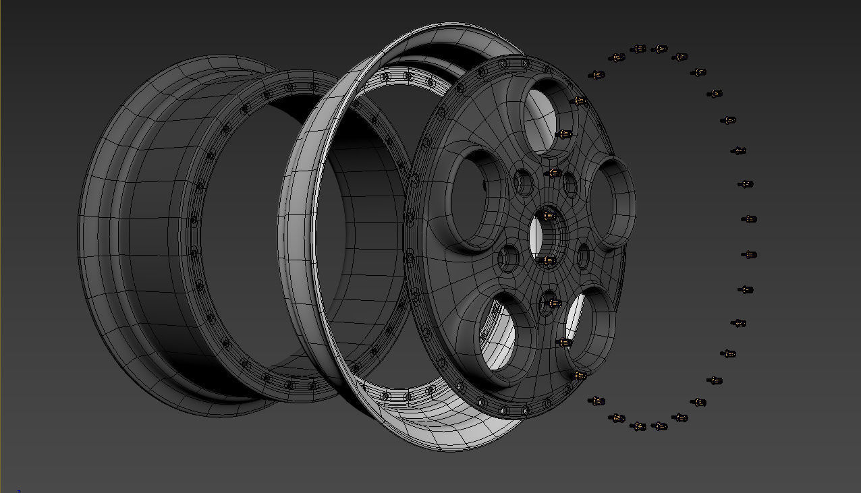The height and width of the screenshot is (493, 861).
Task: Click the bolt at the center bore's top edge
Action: (x=549, y=216)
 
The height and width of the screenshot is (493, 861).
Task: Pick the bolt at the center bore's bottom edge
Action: (x=549, y=260)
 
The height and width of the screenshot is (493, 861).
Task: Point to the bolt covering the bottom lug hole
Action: (x=553, y=303)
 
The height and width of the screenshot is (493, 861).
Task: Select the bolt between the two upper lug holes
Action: (x=554, y=173)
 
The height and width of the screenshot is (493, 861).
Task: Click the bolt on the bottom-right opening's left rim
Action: (x=564, y=343)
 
